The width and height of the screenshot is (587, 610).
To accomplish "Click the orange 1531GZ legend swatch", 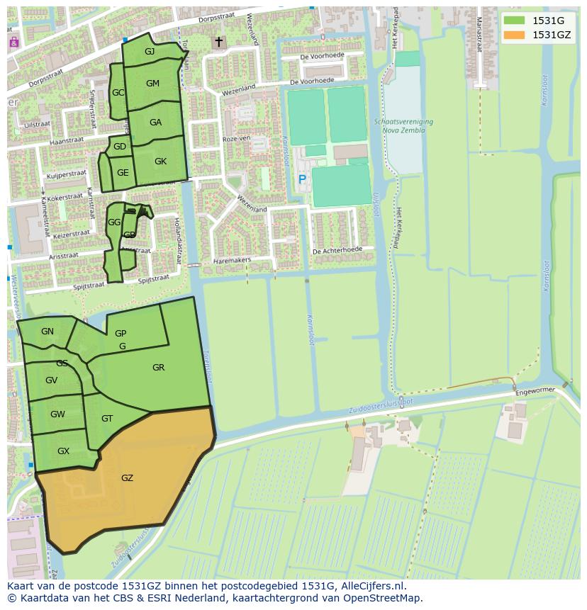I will [515, 35].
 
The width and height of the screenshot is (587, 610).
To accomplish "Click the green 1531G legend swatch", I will [515, 21].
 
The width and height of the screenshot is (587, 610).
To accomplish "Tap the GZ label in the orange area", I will [127, 478].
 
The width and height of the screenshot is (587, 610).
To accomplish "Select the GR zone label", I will [158, 368].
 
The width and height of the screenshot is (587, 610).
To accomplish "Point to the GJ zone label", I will [150, 52].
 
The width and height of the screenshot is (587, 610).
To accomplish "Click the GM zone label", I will [152, 84].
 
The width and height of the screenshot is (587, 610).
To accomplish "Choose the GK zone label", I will [160, 162].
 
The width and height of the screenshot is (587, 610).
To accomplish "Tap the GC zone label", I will [118, 93].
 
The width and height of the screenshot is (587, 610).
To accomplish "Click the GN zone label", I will [47, 332].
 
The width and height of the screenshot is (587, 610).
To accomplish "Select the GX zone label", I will [63, 451].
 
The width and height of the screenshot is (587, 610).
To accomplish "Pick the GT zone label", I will [107, 419].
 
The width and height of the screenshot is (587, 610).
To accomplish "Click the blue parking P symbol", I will [302, 180].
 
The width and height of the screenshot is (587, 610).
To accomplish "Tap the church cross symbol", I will [218, 43].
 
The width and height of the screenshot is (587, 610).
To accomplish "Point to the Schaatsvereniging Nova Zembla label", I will [403, 126].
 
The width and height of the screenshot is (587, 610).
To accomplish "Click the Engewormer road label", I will [537, 390].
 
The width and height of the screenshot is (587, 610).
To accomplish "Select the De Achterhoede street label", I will [337, 250].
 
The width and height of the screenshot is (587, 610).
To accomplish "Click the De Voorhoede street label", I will [322, 56].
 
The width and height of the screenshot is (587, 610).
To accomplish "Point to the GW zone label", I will [57, 414].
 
